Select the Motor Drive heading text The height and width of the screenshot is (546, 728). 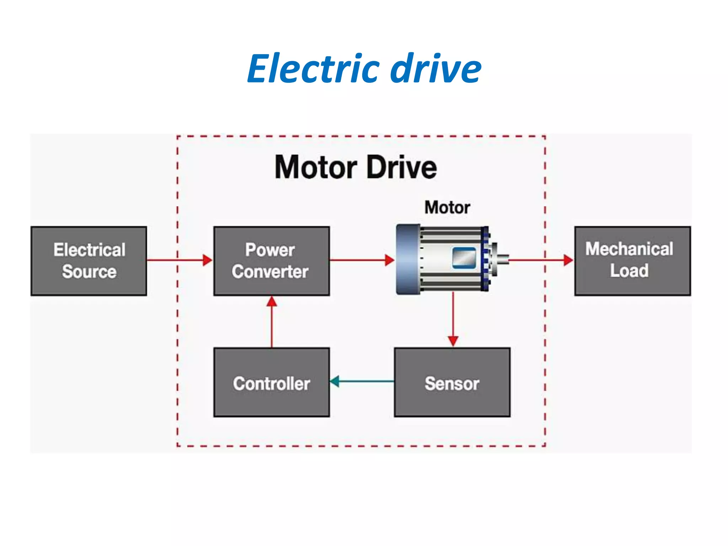[x=355, y=167]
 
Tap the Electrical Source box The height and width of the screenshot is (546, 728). [x=89, y=261]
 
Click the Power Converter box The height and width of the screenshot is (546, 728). [x=272, y=261]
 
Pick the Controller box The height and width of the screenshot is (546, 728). [x=272, y=382]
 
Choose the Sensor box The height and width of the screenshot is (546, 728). [x=452, y=382]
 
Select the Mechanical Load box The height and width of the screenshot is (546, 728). [x=632, y=261]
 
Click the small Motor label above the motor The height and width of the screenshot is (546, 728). [x=447, y=207]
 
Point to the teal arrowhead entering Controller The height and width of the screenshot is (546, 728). [x=334, y=381]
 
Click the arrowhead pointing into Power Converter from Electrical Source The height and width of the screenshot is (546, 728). [x=207, y=260]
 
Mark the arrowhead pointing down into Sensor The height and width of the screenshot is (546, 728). [x=453, y=341]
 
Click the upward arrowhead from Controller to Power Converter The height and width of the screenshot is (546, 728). [x=272, y=302]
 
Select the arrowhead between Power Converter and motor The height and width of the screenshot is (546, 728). [x=390, y=260]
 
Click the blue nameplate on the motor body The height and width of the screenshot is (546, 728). [x=464, y=258]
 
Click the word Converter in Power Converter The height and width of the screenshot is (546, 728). [x=270, y=272]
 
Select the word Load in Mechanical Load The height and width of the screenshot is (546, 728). [x=629, y=271]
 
